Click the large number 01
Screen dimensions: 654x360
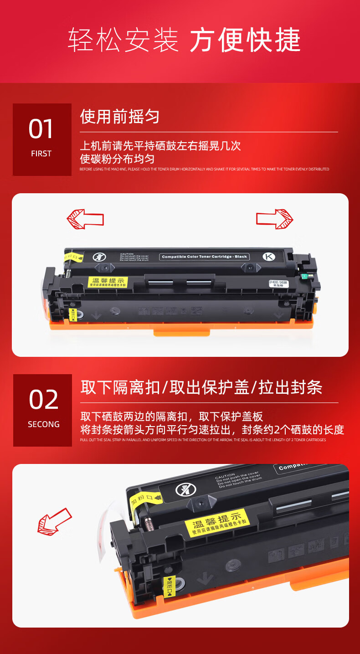pos(41,129)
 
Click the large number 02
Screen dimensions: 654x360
pos(44,400)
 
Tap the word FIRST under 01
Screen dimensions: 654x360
pos(41,154)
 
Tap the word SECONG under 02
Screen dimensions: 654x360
pos(44,424)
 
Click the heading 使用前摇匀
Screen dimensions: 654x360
pos(120,117)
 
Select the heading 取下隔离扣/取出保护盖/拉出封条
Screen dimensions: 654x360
pos(201,387)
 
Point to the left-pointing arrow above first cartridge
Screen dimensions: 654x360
pos(85,219)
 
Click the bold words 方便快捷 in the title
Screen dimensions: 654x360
pos(245,40)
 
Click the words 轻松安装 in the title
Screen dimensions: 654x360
pos(123,40)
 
